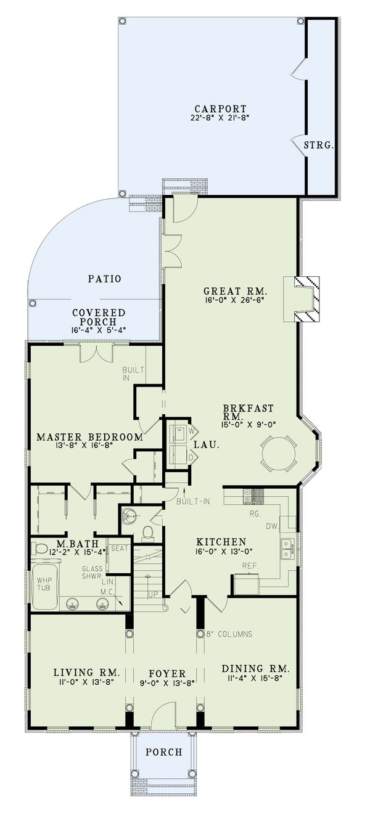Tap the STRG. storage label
319,146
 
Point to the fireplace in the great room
307,299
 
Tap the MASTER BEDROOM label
89,437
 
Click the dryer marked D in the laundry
181,457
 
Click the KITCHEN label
221,542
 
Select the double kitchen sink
287,548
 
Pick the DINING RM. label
255,668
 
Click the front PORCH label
163,752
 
